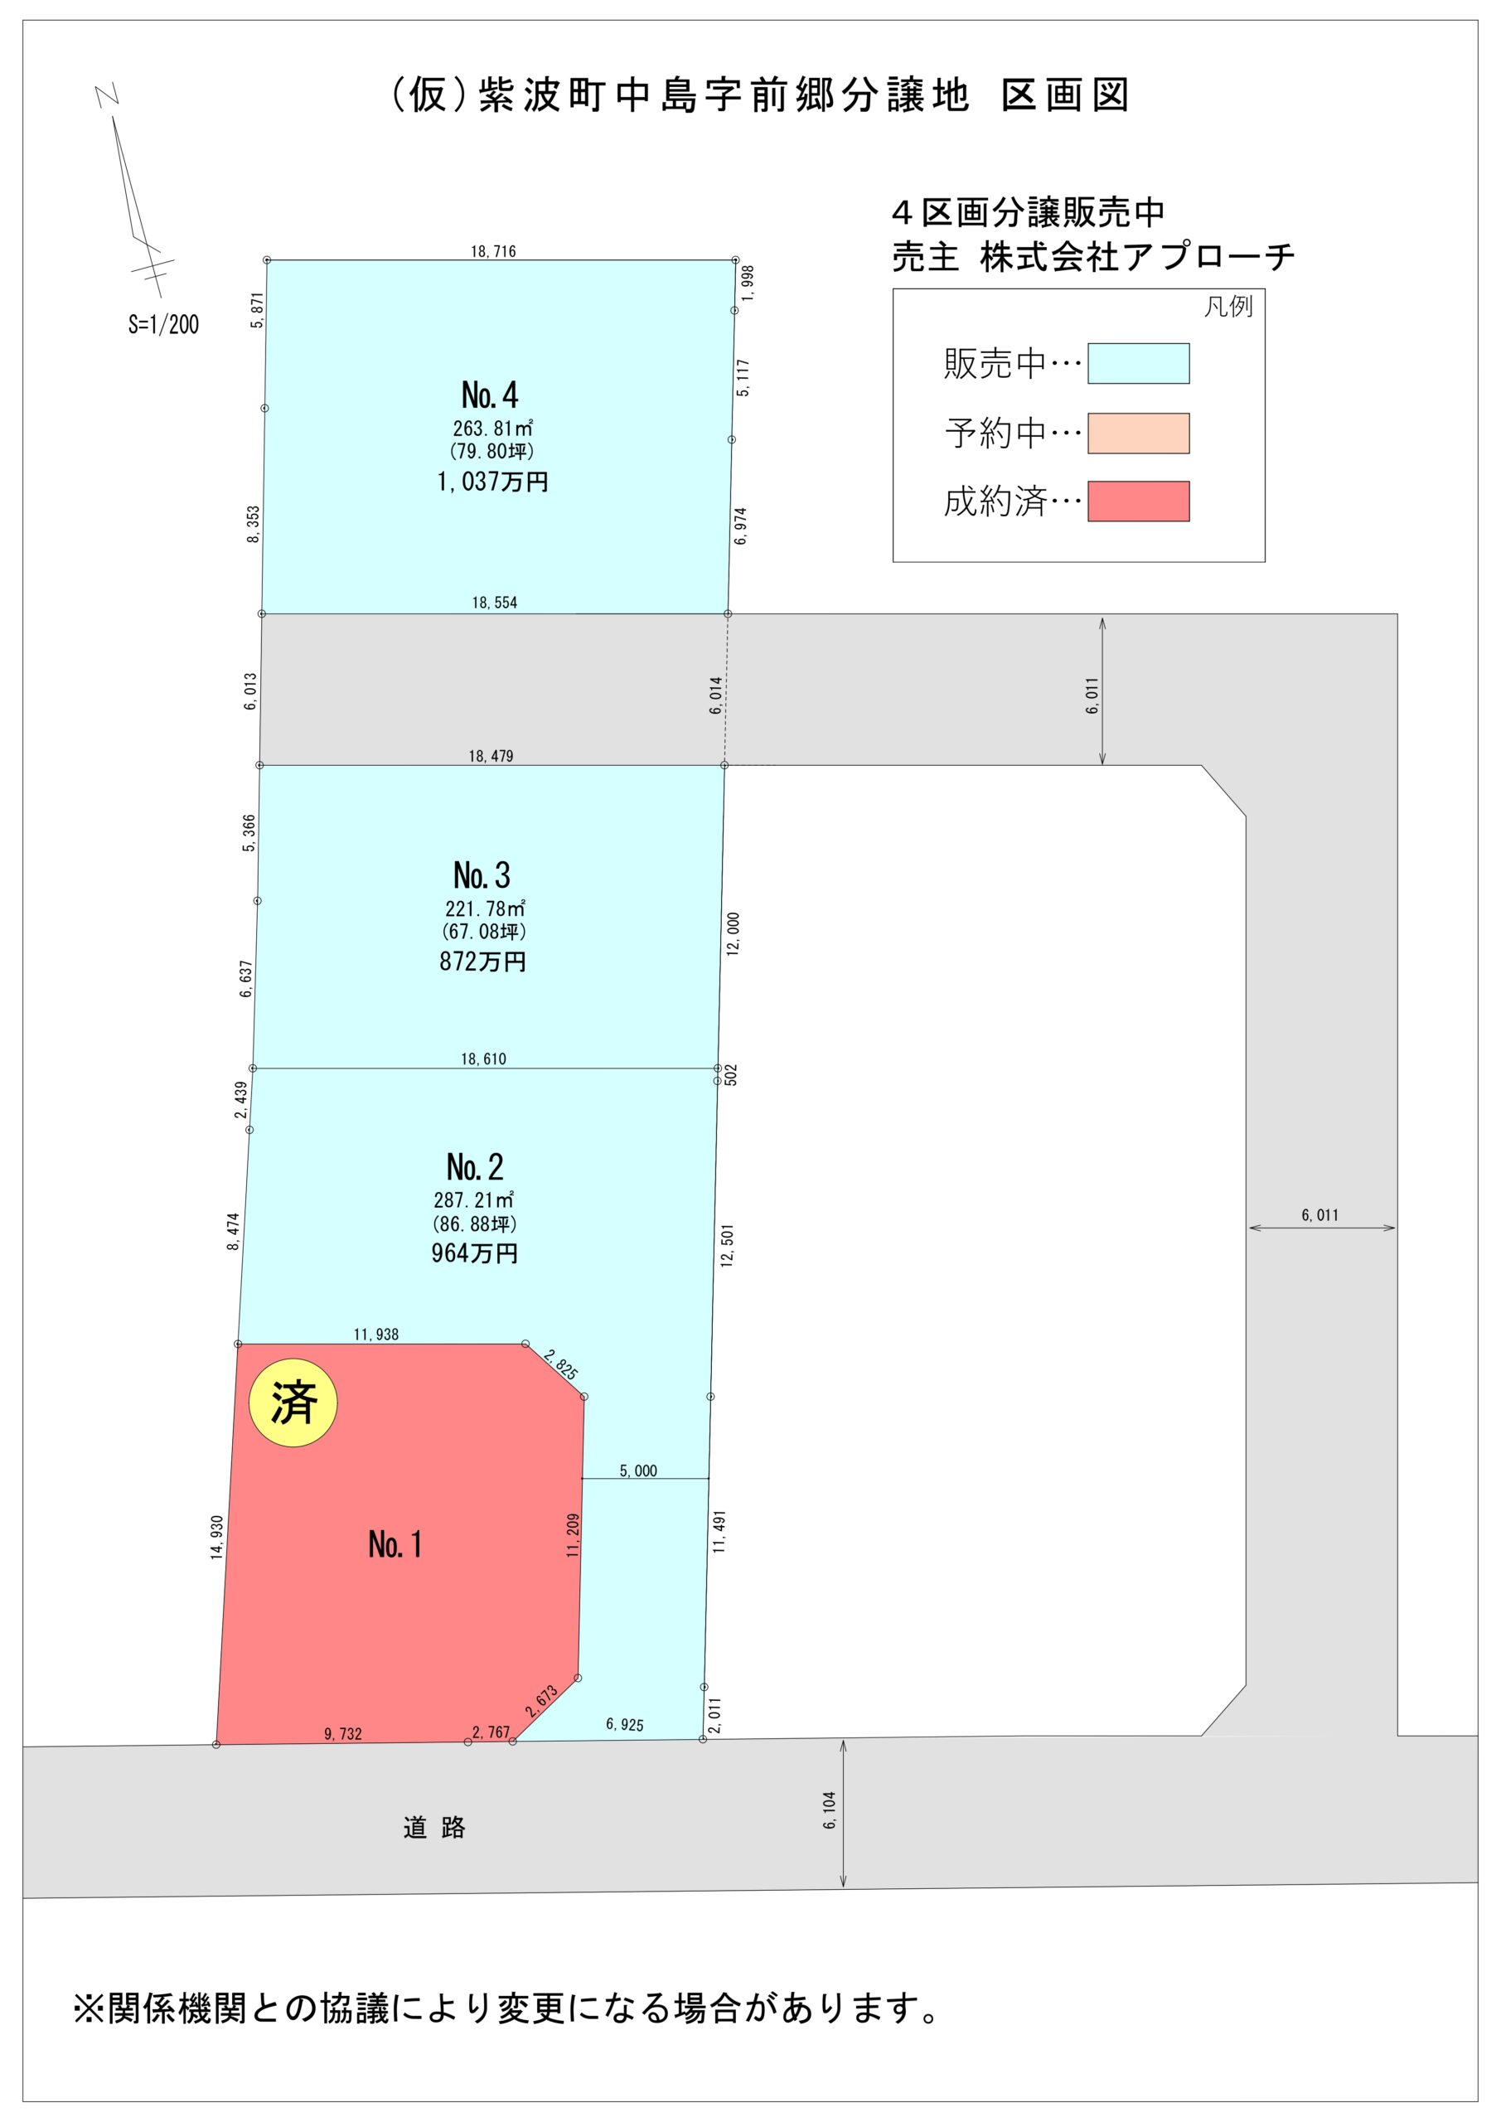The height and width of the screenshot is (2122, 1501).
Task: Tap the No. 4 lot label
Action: (490, 395)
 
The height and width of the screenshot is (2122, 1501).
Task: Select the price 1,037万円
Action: (492, 482)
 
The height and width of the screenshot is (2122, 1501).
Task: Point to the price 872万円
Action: (482, 962)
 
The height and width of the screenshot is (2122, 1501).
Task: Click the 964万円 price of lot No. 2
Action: (474, 1253)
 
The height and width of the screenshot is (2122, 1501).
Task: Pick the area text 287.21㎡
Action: (473, 1199)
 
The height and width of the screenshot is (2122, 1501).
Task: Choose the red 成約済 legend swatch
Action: (1138, 501)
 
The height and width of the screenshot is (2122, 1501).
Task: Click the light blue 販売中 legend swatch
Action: (1138, 363)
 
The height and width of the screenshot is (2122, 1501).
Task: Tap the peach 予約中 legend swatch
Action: (1138, 433)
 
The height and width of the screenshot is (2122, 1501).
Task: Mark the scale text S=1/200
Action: (163, 324)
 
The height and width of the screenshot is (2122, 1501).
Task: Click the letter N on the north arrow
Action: (108, 94)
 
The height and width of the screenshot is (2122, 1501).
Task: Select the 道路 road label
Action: (434, 1827)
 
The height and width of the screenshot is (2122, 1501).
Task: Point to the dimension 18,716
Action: (492, 251)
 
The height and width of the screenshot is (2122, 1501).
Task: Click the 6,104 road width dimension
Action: (829, 1810)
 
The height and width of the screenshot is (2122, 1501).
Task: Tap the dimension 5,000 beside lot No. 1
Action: (637, 1470)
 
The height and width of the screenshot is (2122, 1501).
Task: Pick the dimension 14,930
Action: (217, 1538)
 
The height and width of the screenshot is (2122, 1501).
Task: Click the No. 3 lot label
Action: (482, 875)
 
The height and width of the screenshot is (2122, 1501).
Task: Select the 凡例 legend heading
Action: (1227, 307)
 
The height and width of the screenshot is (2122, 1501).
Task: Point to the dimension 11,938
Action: (376, 1334)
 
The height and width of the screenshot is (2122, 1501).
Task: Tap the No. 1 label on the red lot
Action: (395, 1543)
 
